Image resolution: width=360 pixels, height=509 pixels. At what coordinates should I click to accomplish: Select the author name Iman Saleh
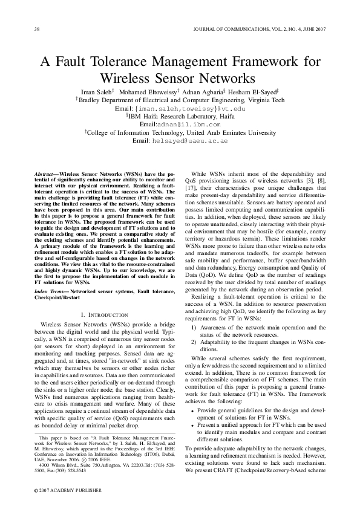point(101,91)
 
